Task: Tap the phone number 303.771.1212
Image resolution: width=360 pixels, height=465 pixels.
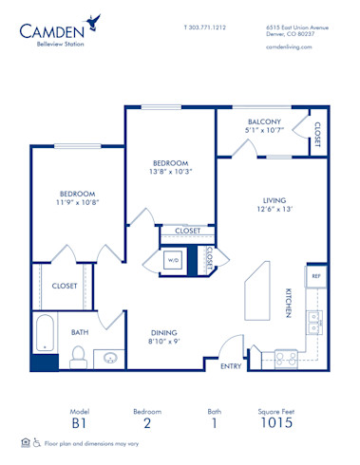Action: tap(204, 27)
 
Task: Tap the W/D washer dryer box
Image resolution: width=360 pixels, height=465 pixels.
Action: tap(174, 258)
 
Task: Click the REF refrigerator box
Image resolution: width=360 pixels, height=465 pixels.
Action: tap(316, 276)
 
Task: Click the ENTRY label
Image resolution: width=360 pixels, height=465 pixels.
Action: tap(230, 365)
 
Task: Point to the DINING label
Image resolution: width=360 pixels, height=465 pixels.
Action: tap(164, 332)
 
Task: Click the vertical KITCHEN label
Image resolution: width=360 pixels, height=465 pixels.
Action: tap(288, 303)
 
